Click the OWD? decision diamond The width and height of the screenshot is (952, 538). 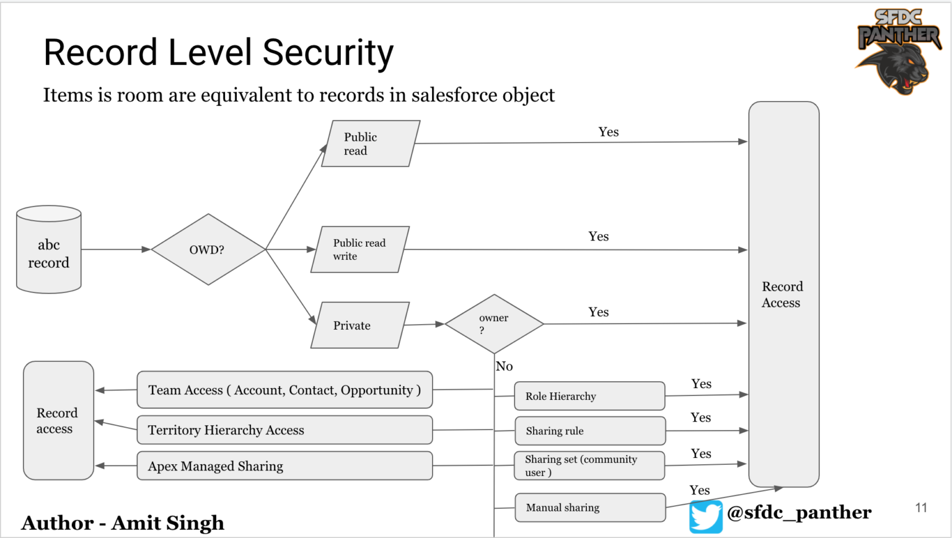coord(208,250)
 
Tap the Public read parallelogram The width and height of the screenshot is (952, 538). coord(371,144)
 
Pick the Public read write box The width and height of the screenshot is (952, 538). coord(360,250)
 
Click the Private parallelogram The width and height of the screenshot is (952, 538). coord(360,325)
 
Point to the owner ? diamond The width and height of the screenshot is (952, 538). coord(494,324)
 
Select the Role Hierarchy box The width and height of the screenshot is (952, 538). coord(589,396)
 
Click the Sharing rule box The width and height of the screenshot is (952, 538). coord(590,431)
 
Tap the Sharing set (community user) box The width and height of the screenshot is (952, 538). coord(589,465)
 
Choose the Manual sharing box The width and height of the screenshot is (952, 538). coord(590,508)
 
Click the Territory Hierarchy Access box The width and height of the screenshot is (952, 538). coord(284,430)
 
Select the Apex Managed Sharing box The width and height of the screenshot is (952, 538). coord(284,466)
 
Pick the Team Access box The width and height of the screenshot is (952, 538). coord(284,390)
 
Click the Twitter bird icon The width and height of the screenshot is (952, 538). coord(706,516)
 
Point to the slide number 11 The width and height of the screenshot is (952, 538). coord(921,508)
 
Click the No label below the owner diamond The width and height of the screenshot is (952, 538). coord(505,366)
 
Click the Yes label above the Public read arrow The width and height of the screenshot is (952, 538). coord(608,132)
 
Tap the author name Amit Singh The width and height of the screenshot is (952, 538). coord(168,523)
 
